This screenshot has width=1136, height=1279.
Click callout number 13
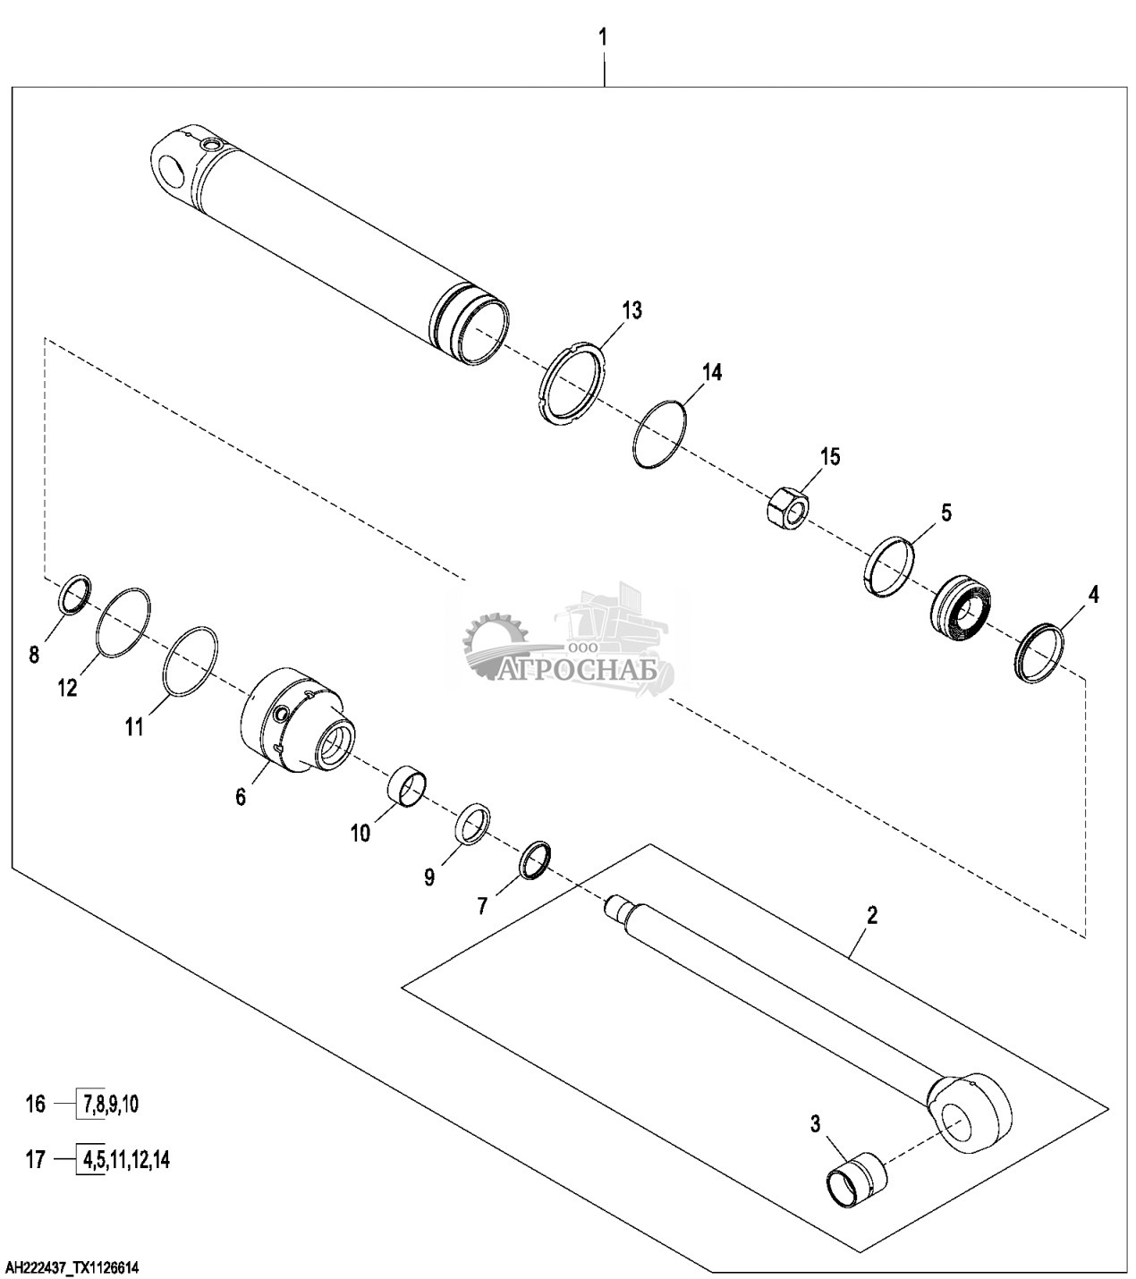pyautogui.click(x=632, y=310)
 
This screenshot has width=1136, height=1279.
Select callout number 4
pyautogui.click(x=1093, y=594)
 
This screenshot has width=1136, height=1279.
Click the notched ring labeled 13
pyautogui.click(x=574, y=383)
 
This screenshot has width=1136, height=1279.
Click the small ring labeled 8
pyautogui.click(x=74, y=594)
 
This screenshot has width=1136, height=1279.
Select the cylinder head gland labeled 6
pyautogui.click(x=298, y=720)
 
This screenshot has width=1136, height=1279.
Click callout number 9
pyautogui.click(x=429, y=877)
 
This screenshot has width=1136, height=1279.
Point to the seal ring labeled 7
pyautogui.click(x=536, y=860)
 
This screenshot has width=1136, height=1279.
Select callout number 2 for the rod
pyautogui.click(x=871, y=915)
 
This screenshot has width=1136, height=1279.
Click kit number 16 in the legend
pyautogui.click(x=36, y=1104)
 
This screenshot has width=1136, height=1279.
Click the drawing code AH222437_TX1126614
pyautogui.click(x=72, y=1263)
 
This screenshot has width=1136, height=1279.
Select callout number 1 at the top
pyautogui.click(x=603, y=38)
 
